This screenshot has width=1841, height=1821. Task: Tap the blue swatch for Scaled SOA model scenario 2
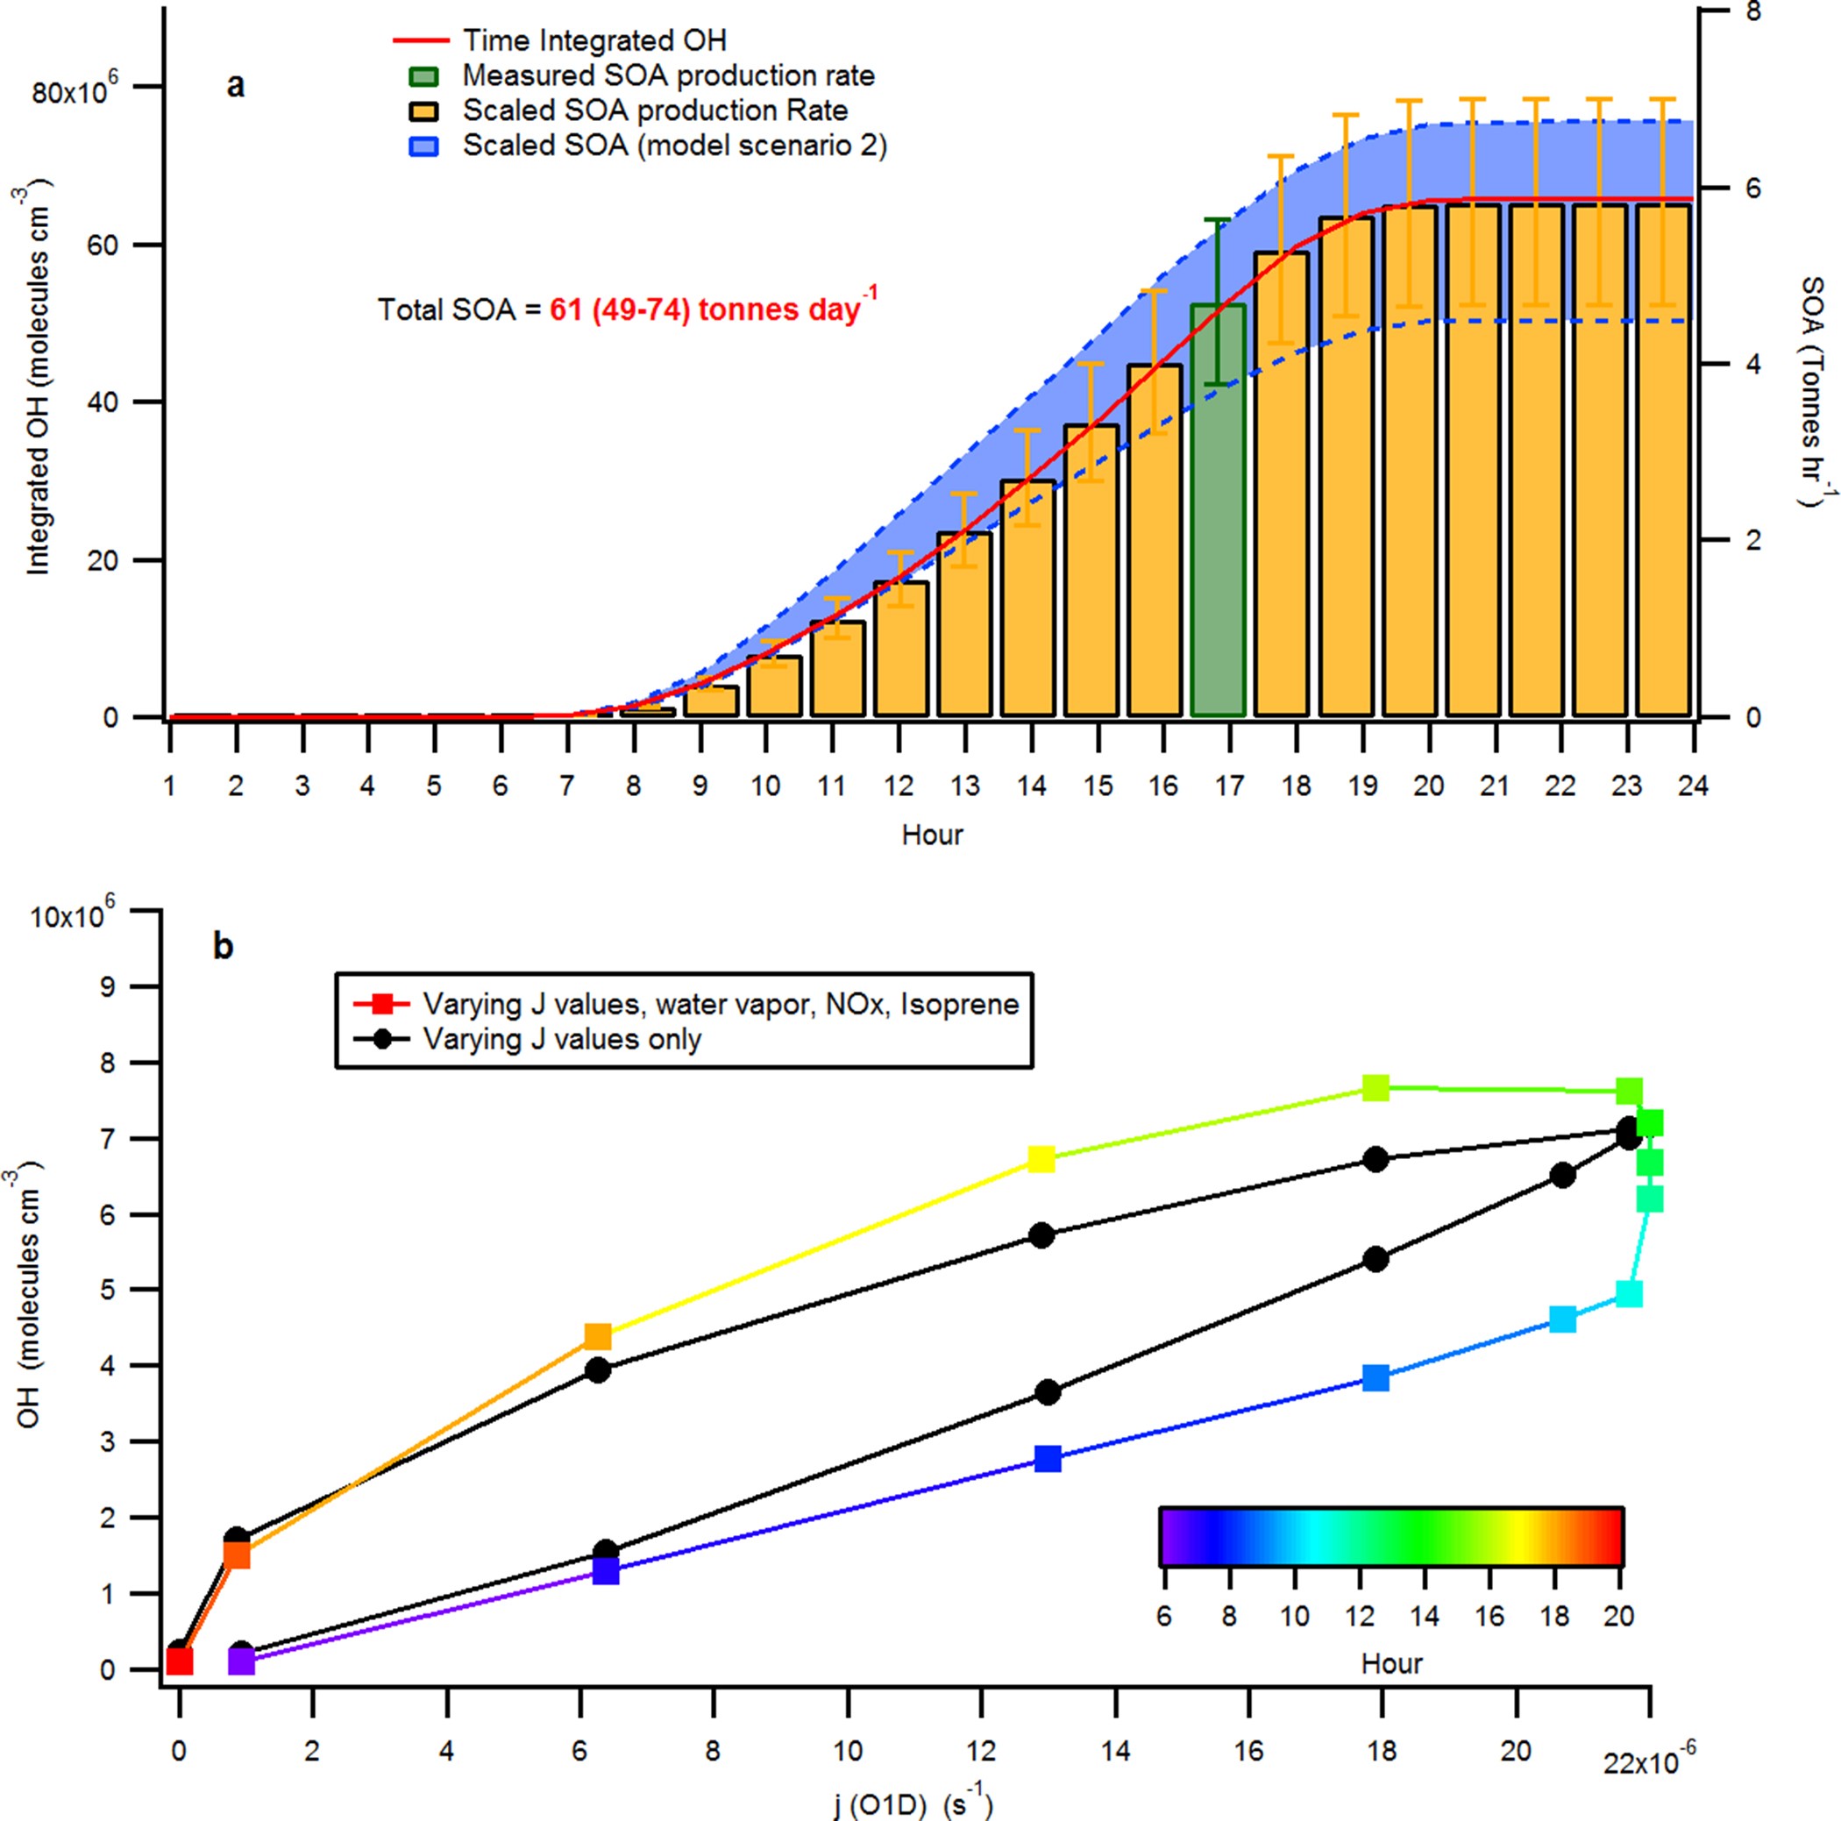[x=423, y=146]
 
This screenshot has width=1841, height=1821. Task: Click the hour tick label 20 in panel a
[x=1428, y=786]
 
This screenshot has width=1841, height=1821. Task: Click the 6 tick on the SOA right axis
[x=1753, y=188]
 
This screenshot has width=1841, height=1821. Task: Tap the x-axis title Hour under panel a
[x=932, y=835]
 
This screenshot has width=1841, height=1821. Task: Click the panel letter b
[x=223, y=946]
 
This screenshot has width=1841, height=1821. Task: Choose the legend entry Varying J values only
[x=561, y=1040]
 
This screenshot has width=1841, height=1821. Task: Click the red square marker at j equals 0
[x=179, y=1661]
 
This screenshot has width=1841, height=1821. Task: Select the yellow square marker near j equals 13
[x=1041, y=1159]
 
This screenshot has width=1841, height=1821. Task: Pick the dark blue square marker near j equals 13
[x=1048, y=1459]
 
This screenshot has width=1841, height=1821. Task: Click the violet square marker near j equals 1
[x=242, y=1661]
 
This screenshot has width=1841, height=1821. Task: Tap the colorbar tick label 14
[x=1425, y=1616]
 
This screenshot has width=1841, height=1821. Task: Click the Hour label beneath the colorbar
[x=1391, y=1664]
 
